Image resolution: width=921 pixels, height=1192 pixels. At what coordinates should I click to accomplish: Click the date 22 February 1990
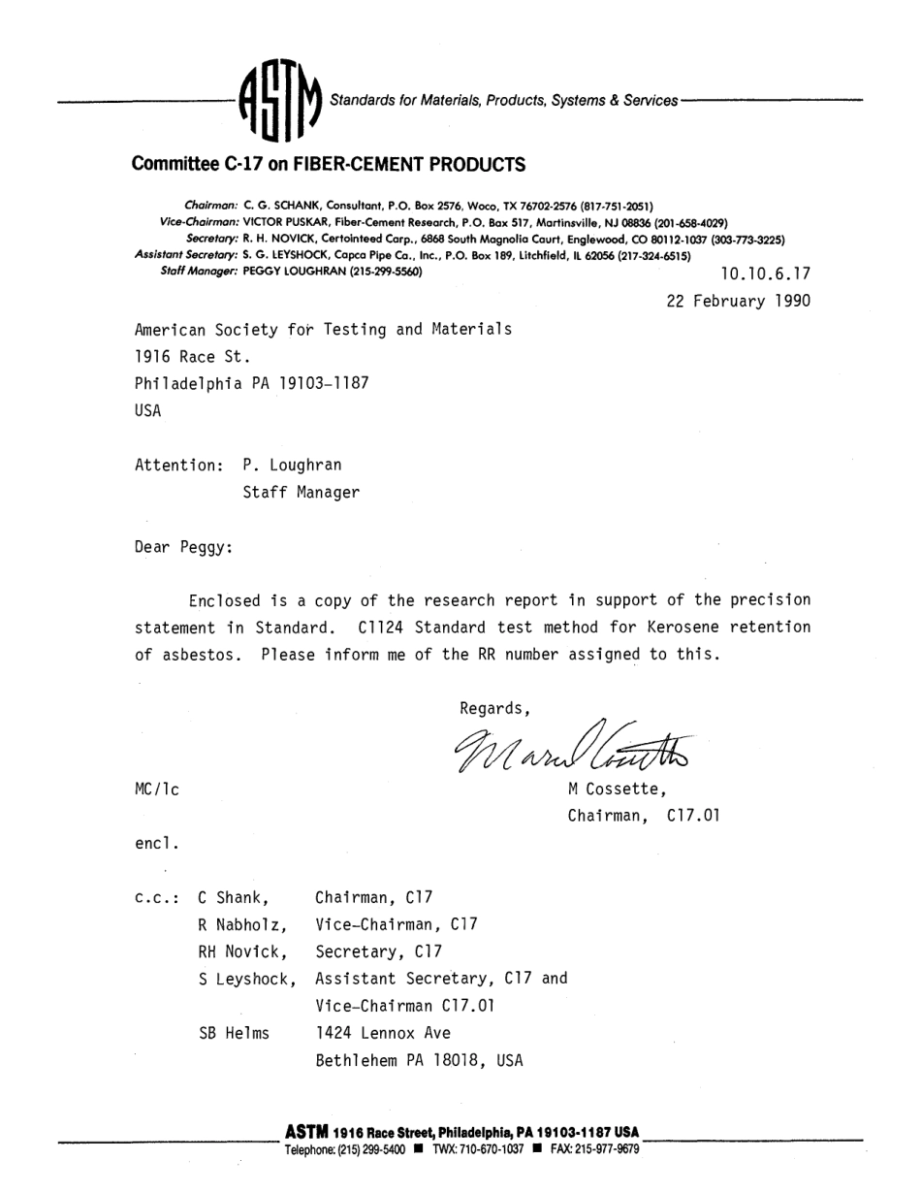click(x=739, y=302)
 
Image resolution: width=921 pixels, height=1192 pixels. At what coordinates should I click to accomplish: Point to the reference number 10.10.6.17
click(x=766, y=274)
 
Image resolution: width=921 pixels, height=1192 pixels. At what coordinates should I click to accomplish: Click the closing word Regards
click(x=494, y=705)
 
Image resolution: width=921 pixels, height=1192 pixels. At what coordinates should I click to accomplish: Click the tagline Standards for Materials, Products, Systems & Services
click(x=504, y=101)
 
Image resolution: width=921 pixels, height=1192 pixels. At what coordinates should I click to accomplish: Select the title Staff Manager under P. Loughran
click(x=301, y=493)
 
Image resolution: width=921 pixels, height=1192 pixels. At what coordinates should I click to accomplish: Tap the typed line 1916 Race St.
click(x=186, y=357)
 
